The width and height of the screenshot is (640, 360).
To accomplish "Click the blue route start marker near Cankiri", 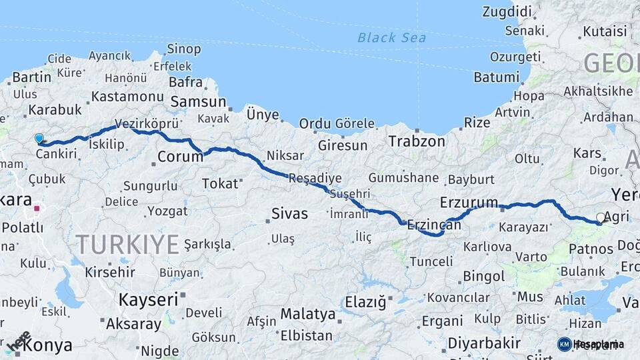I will pyautogui.click(x=39, y=139).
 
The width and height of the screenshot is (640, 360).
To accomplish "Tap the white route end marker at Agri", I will pyautogui.click(x=601, y=218).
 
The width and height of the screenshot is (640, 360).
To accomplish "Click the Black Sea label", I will pyautogui.click(x=391, y=37).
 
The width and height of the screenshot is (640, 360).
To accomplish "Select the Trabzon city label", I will pyautogui.click(x=417, y=141).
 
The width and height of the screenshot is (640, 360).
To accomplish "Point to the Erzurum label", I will pyautogui.click(x=469, y=202).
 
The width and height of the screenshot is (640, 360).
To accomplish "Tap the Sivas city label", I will pyautogui.click(x=290, y=214).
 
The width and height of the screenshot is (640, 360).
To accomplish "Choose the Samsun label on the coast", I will pyautogui.click(x=199, y=102).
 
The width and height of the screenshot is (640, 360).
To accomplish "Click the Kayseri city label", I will pyautogui.click(x=147, y=300).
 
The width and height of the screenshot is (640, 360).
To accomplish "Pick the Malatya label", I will pyautogui.click(x=307, y=313).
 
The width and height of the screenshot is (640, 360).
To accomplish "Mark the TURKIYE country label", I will pyautogui.click(x=127, y=245).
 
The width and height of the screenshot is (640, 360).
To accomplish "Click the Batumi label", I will pyautogui.click(x=496, y=77).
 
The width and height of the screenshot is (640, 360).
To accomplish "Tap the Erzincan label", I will pyautogui.click(x=433, y=226).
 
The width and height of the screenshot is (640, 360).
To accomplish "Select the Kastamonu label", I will pyautogui.click(x=127, y=97).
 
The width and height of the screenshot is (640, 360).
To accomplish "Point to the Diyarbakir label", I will pyautogui.click(x=483, y=343).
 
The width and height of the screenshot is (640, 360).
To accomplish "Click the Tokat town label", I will pyautogui.click(x=219, y=183).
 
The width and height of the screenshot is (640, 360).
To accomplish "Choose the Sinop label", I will pyautogui.click(x=183, y=49).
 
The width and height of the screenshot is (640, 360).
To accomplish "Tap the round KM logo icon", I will pyautogui.click(x=564, y=344).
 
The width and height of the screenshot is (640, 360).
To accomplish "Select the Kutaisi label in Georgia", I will pyautogui.click(x=605, y=31).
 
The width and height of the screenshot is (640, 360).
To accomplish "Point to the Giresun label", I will pyautogui.click(x=343, y=145).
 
